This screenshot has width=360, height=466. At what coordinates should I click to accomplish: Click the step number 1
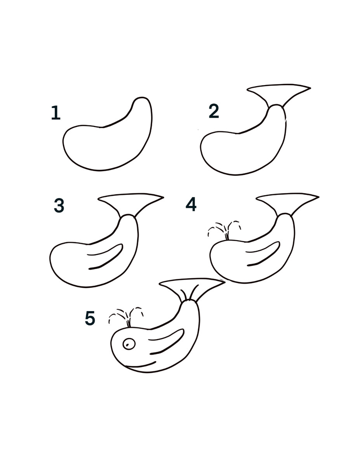(x=56, y=113)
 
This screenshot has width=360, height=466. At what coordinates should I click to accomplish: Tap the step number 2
(x=214, y=111)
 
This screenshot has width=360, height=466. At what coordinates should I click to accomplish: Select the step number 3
(x=59, y=206)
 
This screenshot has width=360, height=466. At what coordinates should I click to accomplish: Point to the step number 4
(x=191, y=204)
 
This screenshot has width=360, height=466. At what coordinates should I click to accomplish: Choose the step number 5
(x=90, y=318)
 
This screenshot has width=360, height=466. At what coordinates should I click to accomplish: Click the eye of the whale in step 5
(x=129, y=344)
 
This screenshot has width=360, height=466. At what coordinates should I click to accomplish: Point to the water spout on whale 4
(x=224, y=230)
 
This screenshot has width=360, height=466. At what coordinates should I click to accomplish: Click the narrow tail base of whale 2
(x=277, y=109)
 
